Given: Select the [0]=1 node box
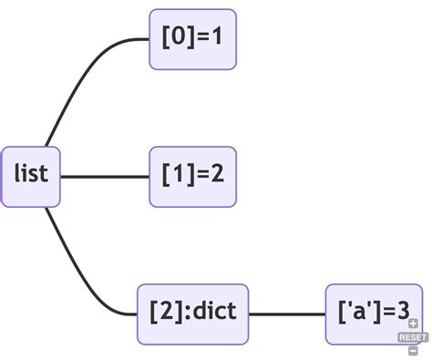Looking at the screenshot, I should [192, 39].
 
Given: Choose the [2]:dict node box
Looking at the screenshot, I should [192, 314].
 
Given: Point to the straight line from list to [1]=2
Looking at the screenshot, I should [105, 176].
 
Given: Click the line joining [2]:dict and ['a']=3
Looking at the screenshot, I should [287, 314].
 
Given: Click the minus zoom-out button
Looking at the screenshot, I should [413, 350].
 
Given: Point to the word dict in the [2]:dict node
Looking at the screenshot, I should [216, 313].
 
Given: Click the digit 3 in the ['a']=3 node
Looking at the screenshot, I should [402, 314].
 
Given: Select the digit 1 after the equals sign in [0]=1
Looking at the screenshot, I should [217, 39].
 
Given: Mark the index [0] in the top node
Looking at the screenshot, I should [176, 39].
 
